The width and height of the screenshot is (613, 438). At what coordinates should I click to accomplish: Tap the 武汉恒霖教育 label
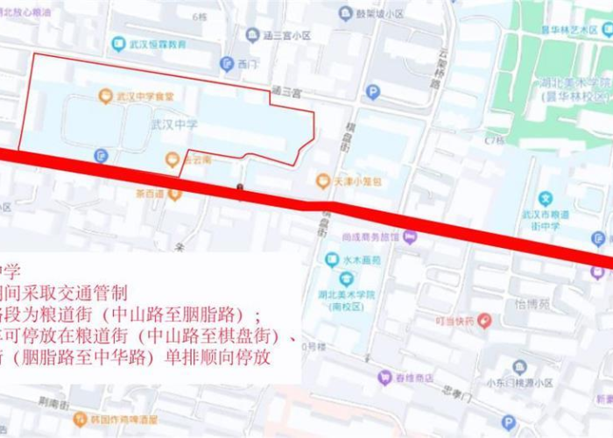point(159,44)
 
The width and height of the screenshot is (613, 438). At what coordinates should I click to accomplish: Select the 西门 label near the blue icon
point(248,64)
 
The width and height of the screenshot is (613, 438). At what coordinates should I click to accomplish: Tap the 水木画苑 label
point(362,260)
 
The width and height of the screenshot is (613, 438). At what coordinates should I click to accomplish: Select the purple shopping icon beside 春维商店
point(384,378)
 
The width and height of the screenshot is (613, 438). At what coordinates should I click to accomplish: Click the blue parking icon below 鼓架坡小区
point(373,92)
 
